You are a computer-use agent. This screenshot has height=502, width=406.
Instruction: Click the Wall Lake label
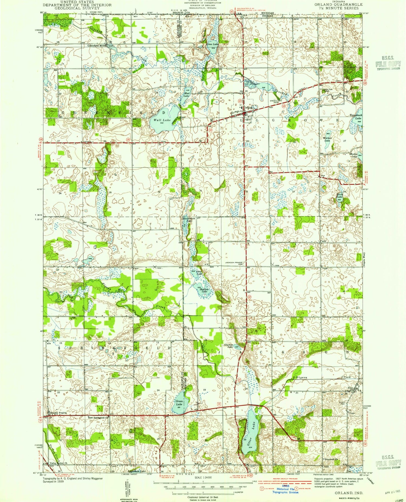(x=162, y=120)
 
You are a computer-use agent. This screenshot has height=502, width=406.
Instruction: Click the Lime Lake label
(x=212, y=44)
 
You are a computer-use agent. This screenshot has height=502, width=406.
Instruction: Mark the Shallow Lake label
(x=204, y=290)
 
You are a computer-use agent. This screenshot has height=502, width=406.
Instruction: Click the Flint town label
(x=351, y=388)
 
